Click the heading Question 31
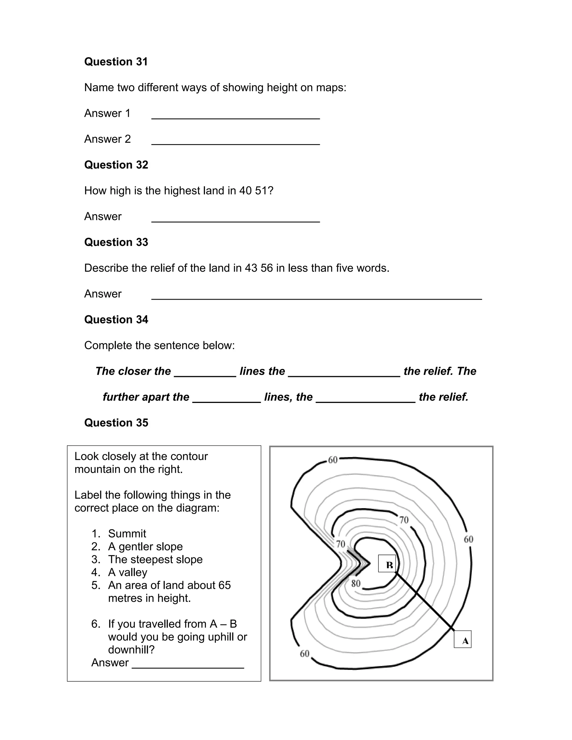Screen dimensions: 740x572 (116, 62)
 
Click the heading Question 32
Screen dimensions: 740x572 (116, 165)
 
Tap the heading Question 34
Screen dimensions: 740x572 (116, 319)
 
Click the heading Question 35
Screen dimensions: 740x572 (116, 422)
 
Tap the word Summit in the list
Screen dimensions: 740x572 (127, 534)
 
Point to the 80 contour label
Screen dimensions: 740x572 (356, 583)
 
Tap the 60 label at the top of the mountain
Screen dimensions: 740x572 (332, 460)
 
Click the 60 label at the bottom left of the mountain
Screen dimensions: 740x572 (305, 654)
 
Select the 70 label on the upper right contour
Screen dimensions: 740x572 (404, 520)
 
